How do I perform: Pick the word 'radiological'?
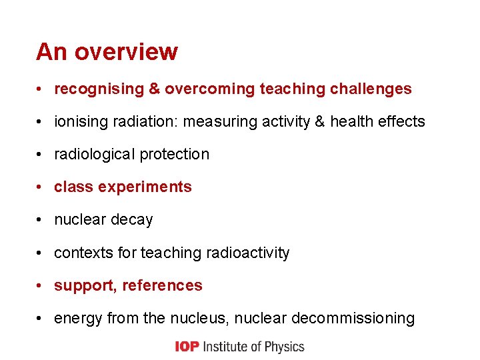95,154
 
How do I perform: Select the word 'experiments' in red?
145,187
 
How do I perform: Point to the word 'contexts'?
83,253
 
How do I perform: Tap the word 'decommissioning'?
353,318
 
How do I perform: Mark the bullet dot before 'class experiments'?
41,187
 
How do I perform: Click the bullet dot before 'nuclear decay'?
41,220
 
